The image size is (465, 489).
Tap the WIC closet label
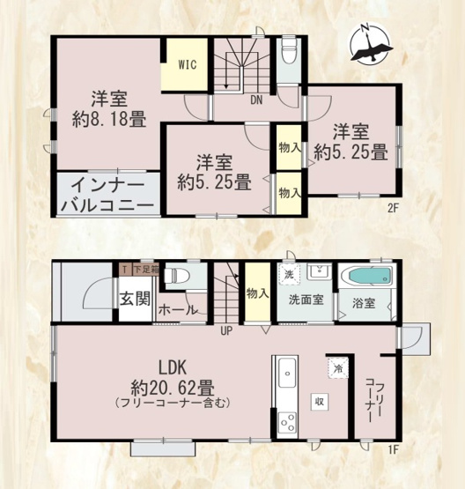pyautogui.click(x=187, y=63)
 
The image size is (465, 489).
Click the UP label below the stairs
pyautogui.click(x=226, y=331)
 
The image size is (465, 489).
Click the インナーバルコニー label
pyautogui.click(x=107, y=195)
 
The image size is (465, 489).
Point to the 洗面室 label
pyautogui.click(x=305, y=300)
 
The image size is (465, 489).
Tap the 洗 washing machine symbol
pyautogui.click(x=290, y=272)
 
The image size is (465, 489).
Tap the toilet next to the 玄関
pyautogui.click(x=179, y=275)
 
